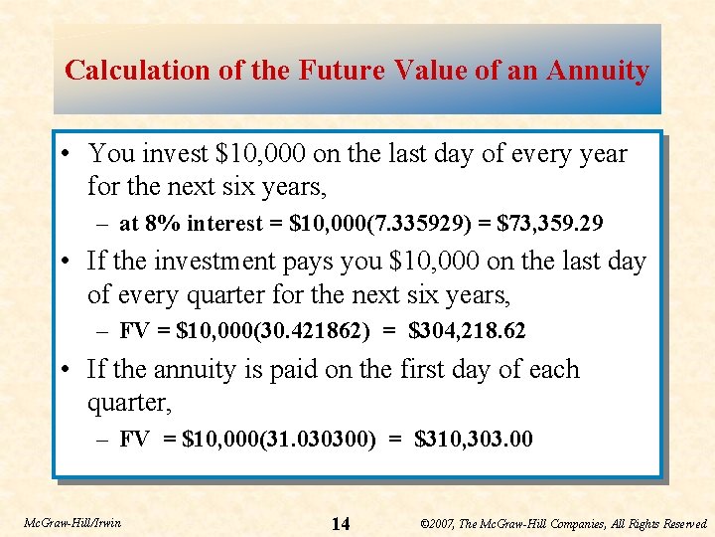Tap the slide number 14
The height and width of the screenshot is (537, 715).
(340, 524)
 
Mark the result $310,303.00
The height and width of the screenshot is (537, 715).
(473, 439)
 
